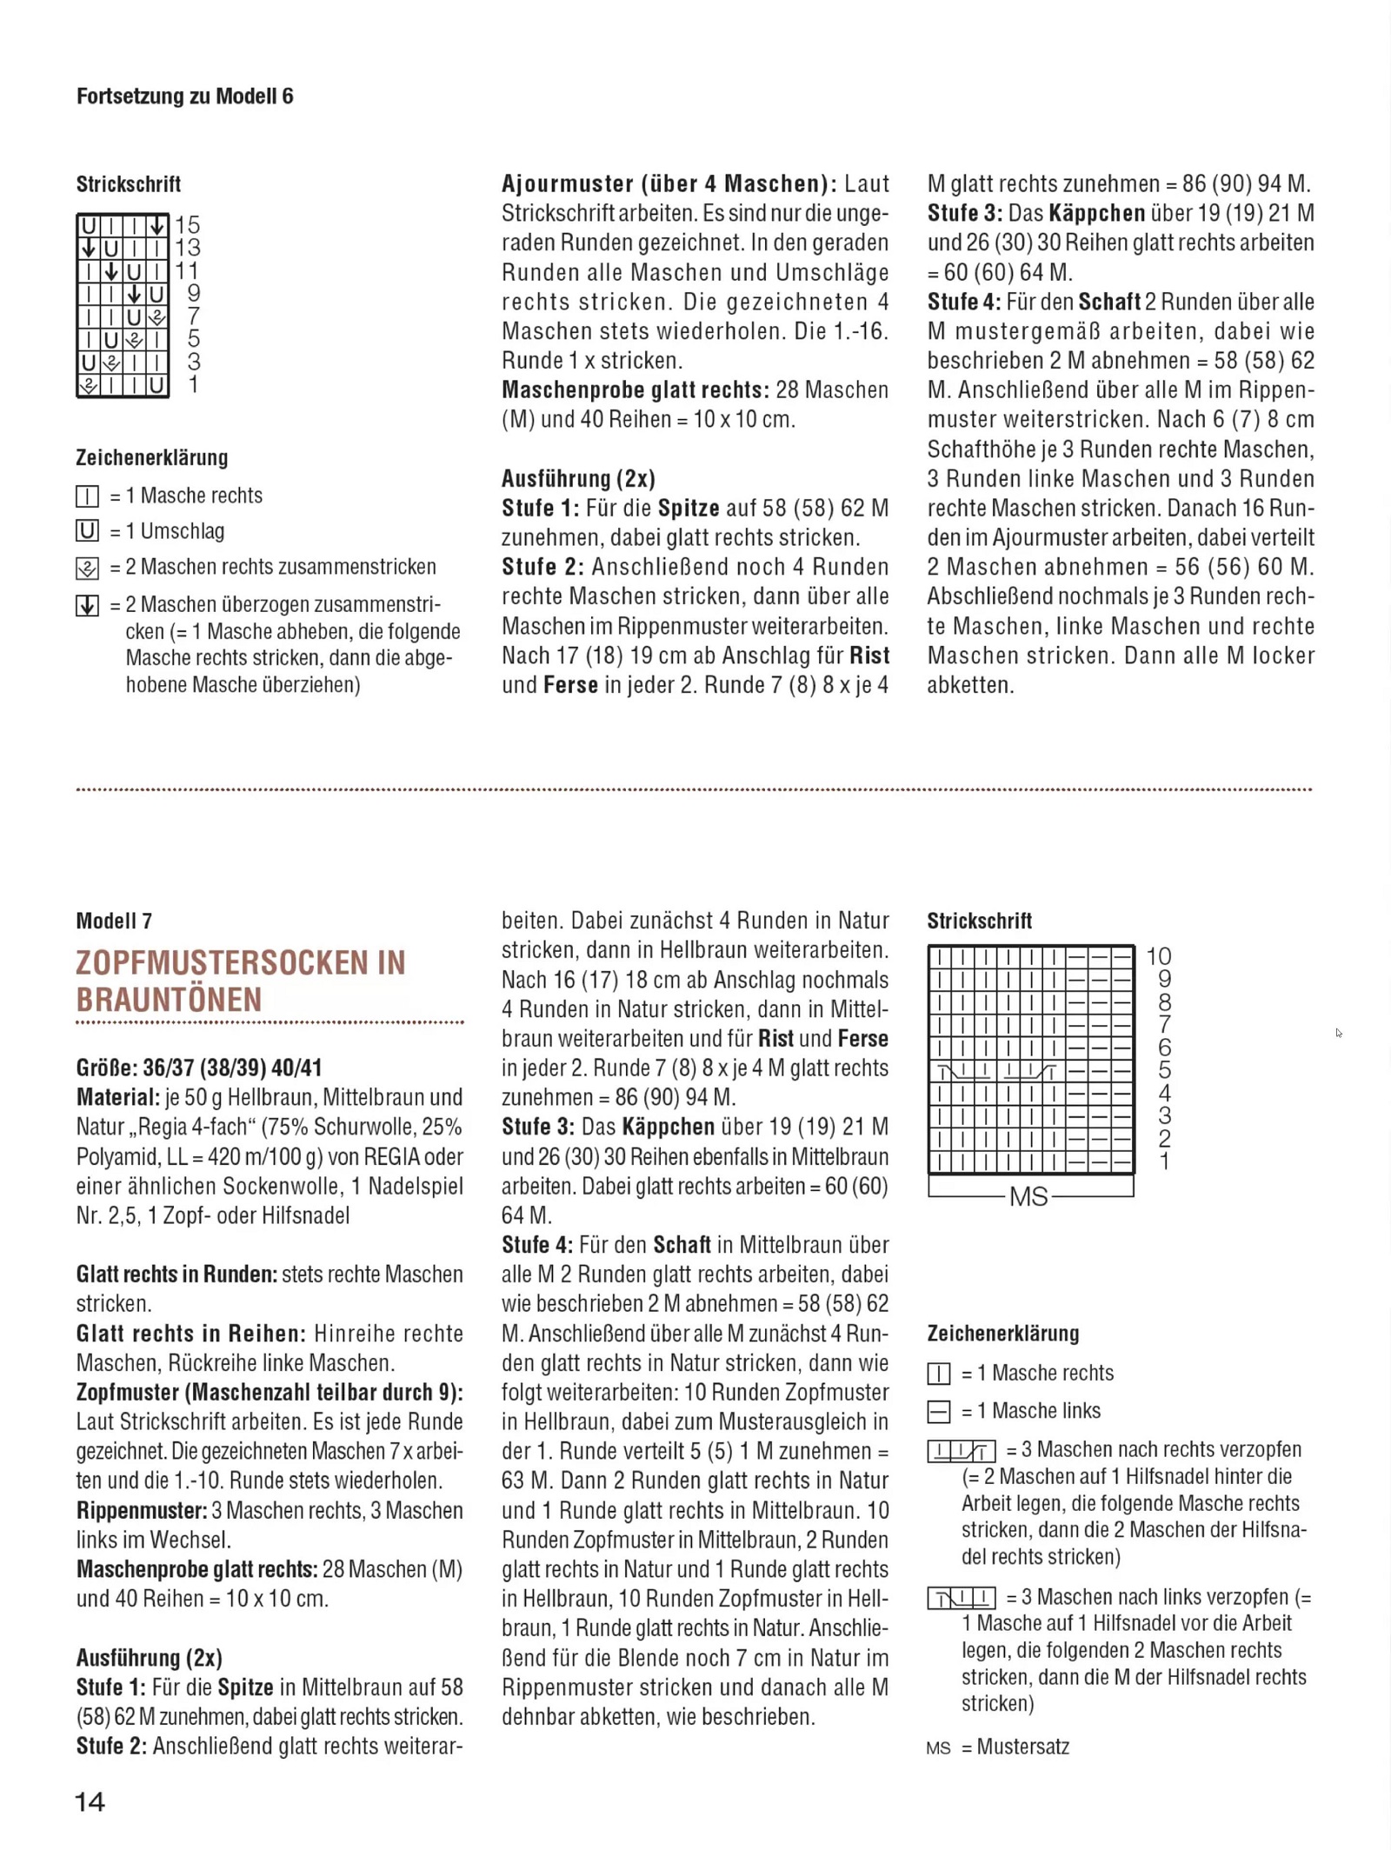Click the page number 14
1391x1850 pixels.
[90, 1802]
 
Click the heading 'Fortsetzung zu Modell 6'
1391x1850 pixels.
[184, 96]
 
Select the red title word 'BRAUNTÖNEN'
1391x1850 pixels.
[169, 1000]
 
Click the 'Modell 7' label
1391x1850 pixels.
[114, 921]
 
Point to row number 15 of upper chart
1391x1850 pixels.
[188, 225]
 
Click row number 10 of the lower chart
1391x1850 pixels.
[1159, 956]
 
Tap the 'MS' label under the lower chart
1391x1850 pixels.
[1028, 1197]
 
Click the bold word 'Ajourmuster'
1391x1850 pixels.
[567, 184]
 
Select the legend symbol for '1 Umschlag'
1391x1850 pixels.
[87, 531]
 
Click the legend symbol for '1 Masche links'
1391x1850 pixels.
[939, 1412]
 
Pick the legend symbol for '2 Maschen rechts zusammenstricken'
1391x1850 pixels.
[87, 569]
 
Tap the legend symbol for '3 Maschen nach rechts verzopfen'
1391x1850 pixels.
[962, 1451]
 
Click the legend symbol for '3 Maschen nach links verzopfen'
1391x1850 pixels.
[962, 1598]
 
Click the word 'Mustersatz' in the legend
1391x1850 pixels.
[1023, 1747]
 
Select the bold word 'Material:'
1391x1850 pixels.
[117, 1097]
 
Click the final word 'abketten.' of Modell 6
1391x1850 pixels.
[970, 685]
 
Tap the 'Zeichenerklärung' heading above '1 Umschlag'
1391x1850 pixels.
[152, 457]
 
